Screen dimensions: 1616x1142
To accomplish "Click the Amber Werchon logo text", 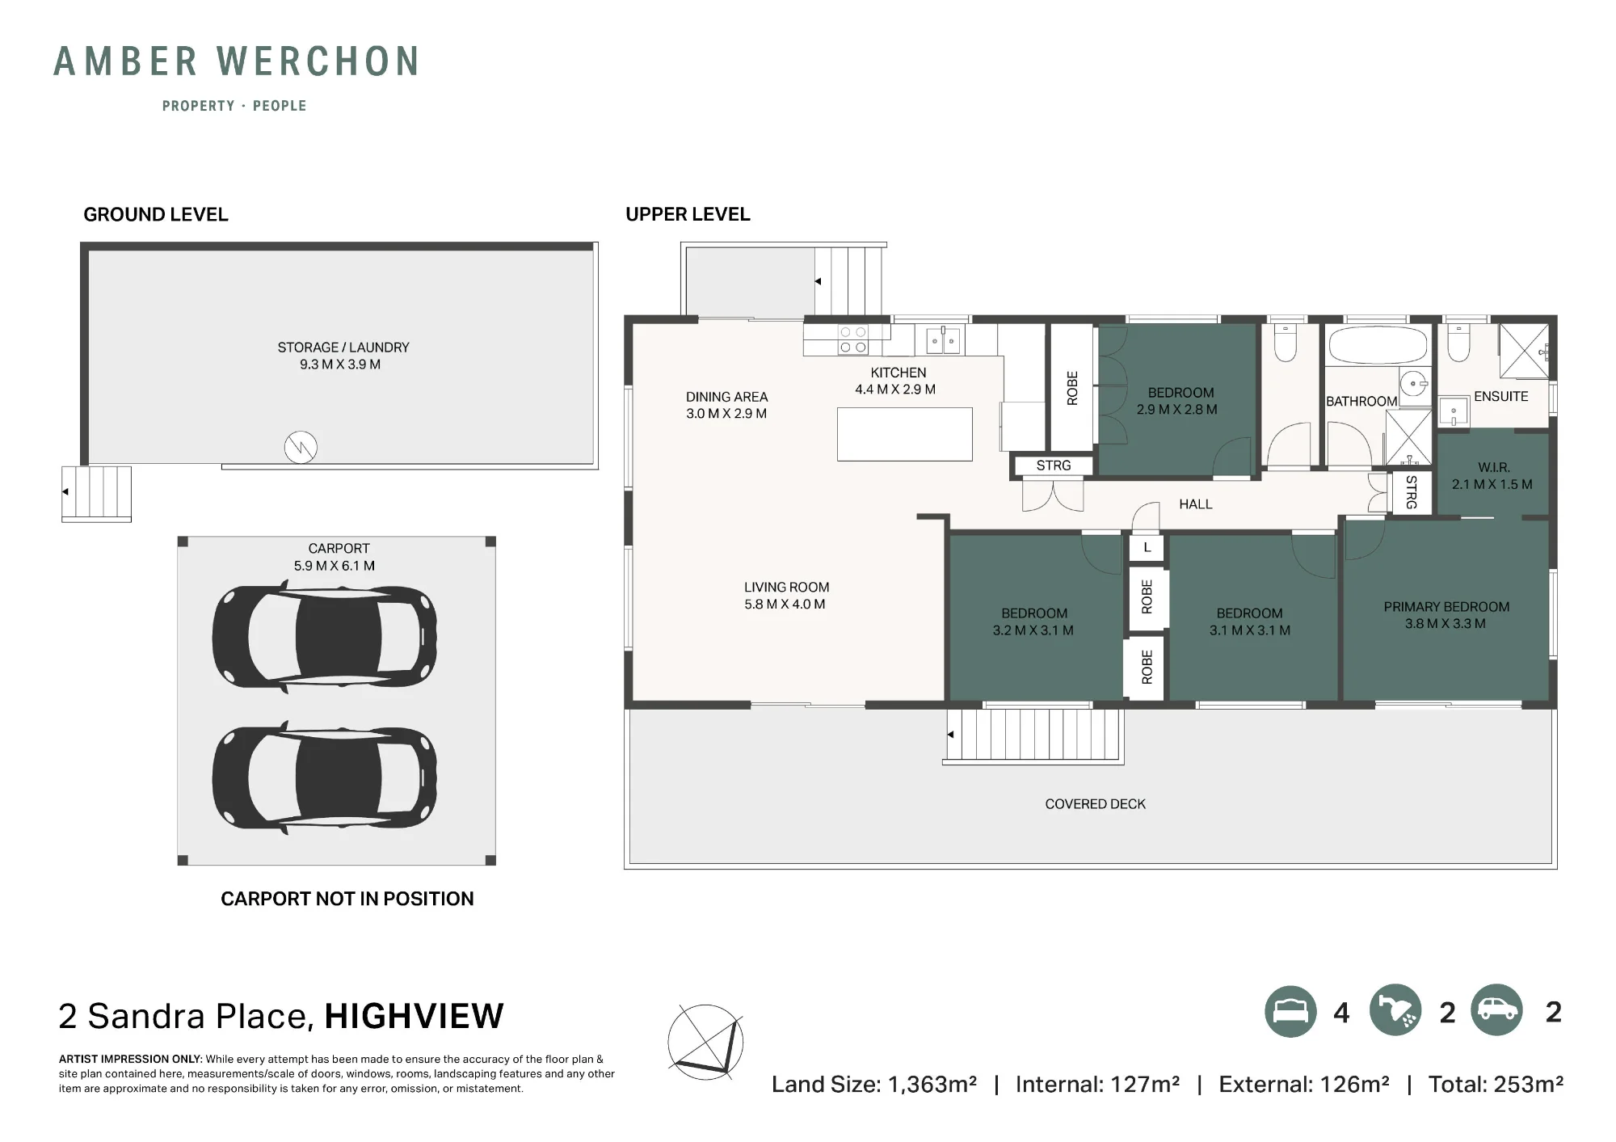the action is (236, 61).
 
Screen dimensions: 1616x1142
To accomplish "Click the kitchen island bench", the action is (905, 434).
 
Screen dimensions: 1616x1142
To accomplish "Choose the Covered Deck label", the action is (1095, 804).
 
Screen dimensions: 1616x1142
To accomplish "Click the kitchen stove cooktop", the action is (853, 339).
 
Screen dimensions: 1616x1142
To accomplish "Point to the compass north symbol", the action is (705, 1043).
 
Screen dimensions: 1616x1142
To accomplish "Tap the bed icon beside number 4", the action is (1290, 1012).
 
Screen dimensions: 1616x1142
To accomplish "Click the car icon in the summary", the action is (1496, 1010).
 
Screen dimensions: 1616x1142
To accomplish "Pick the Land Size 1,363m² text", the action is (873, 1085).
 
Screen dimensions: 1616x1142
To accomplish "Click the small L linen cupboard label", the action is (1147, 547).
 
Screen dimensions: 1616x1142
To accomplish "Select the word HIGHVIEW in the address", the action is (414, 1016).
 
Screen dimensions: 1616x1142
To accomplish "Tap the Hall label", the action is (1195, 504).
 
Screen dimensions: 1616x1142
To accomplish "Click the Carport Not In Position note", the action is (347, 899).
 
